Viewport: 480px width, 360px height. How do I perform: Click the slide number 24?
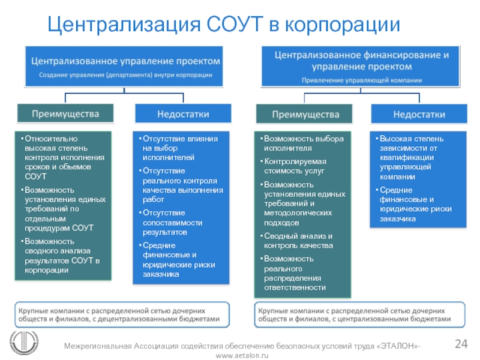coord(461,344)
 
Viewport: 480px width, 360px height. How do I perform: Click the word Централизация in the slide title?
coord(124,25)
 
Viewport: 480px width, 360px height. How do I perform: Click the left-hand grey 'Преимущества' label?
coord(65,113)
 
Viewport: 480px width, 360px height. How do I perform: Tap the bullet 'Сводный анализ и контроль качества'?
coord(298,241)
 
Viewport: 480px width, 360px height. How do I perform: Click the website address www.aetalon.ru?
coord(242,356)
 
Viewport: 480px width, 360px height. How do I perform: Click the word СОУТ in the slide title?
coord(235,25)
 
